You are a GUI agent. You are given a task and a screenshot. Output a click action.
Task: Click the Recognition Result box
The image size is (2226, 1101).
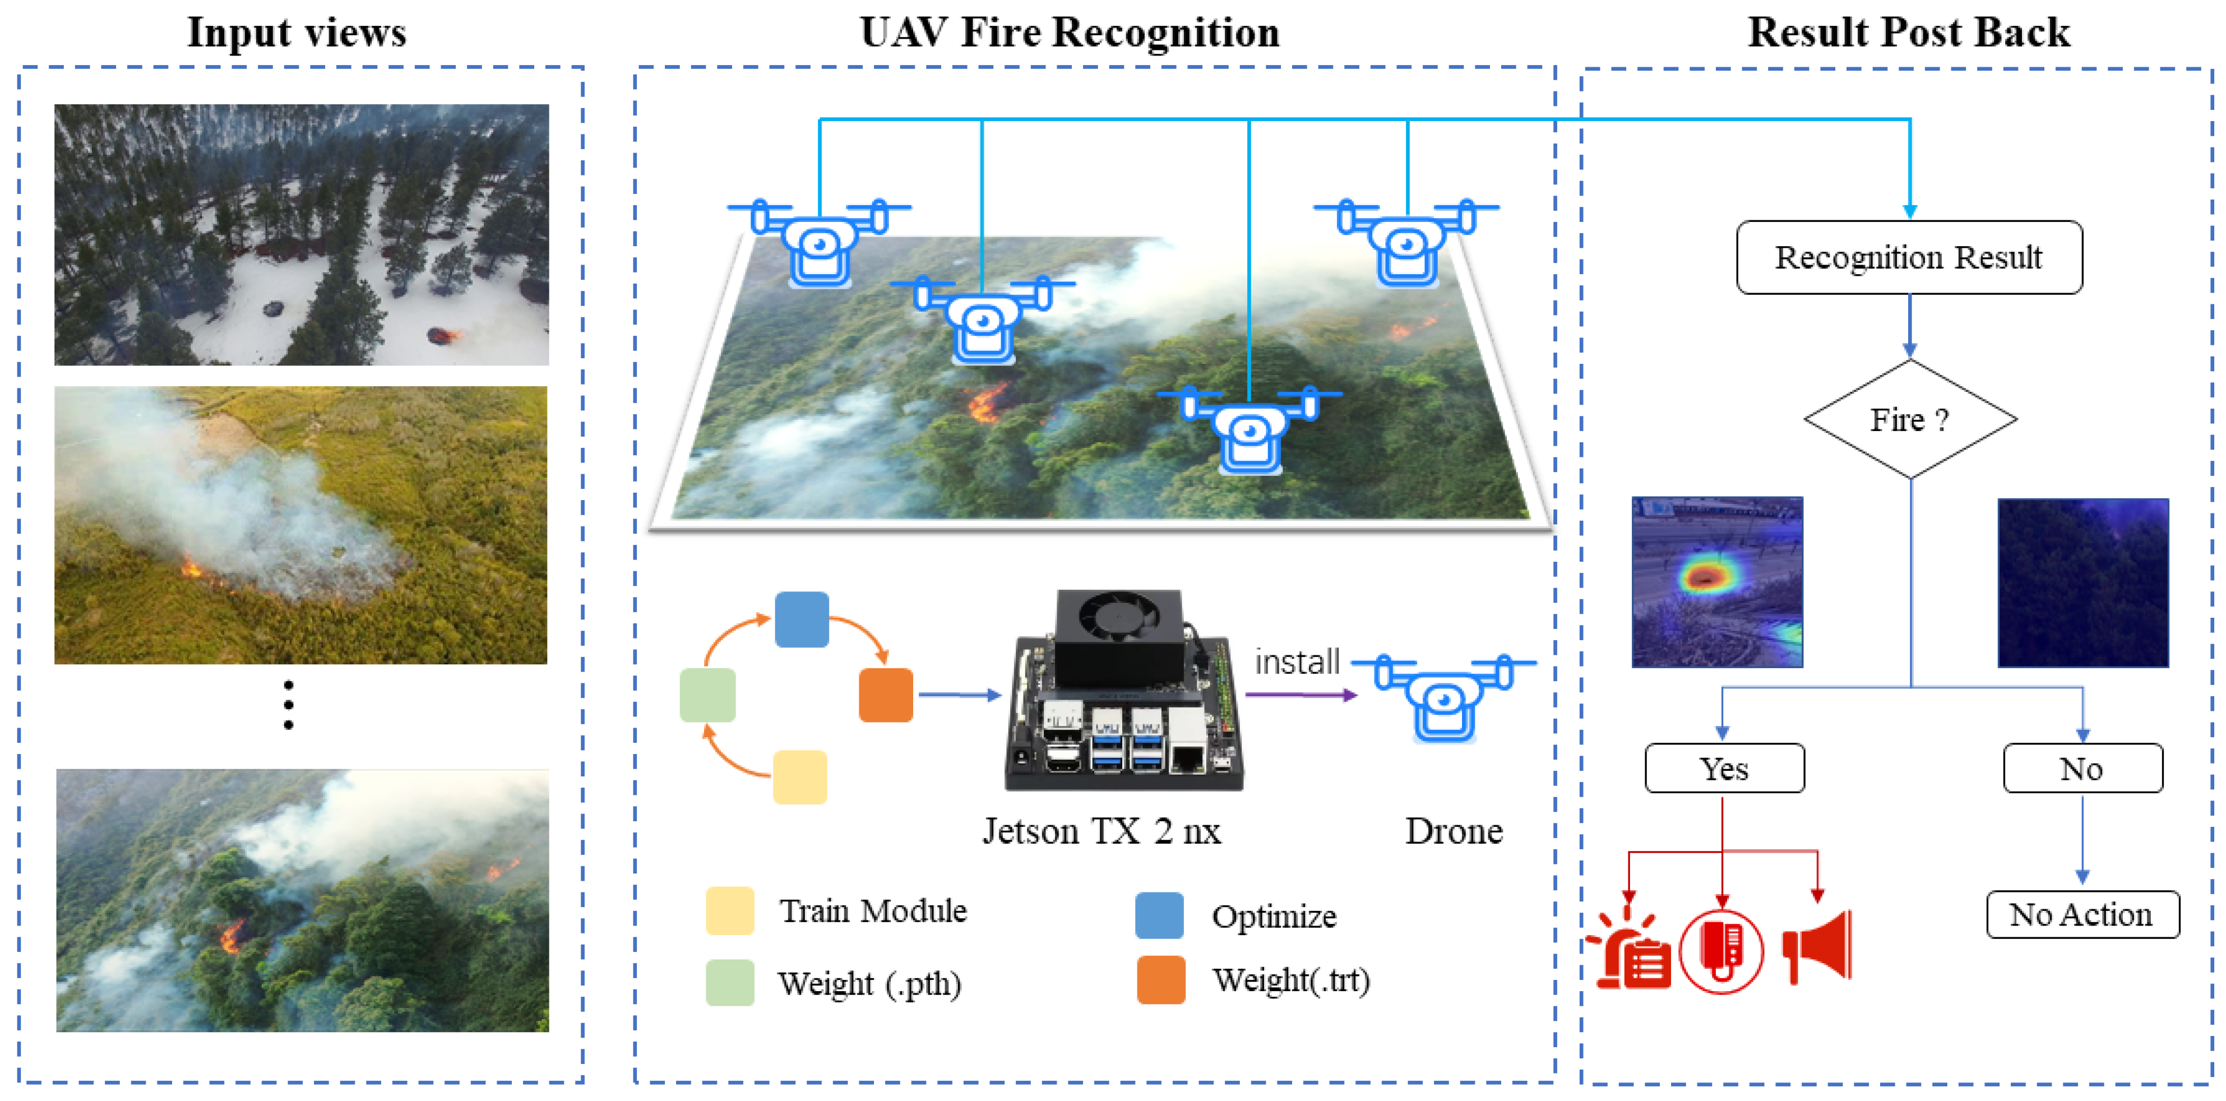point(1908,257)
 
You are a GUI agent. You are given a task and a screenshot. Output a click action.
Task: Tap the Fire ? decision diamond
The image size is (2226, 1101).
point(1910,419)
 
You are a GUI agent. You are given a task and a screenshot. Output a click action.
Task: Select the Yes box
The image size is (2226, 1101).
point(1724,768)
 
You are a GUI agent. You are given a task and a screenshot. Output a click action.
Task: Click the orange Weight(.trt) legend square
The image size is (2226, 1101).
point(1160,980)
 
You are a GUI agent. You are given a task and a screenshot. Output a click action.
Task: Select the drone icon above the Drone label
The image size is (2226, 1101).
point(1443,697)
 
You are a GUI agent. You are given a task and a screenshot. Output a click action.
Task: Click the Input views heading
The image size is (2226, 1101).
point(297,33)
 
